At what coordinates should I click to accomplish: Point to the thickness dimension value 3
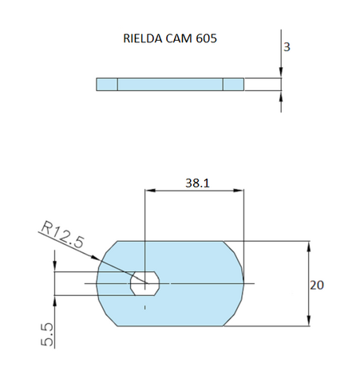[287, 47]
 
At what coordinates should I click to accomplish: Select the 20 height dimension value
[318, 284]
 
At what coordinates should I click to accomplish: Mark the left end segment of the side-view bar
[107, 84]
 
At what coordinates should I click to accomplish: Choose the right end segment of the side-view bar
[233, 84]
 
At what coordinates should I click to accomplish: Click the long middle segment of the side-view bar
[170, 84]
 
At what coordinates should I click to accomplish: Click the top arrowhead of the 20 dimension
[308, 244]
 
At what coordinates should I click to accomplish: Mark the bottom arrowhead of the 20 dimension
[308, 322]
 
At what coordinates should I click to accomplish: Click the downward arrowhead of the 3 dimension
[281, 73]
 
